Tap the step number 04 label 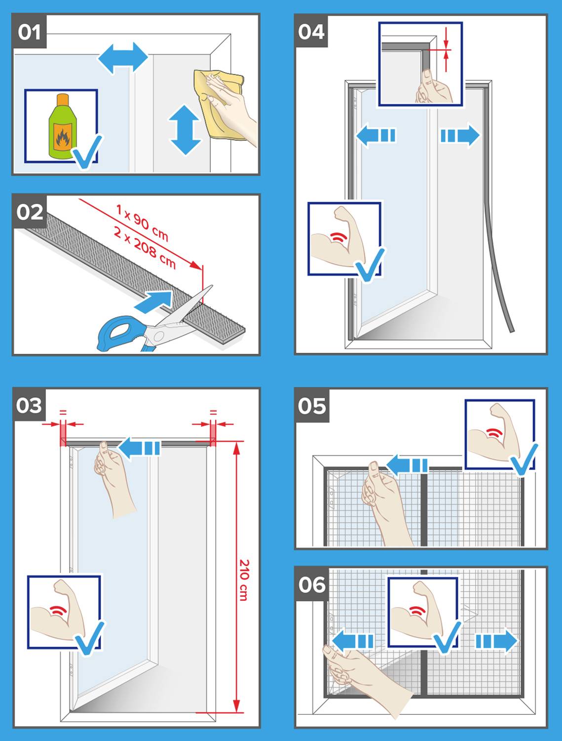click(x=311, y=31)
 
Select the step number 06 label click(x=312, y=584)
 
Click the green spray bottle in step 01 click(x=61, y=126)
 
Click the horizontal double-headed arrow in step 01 click(x=123, y=58)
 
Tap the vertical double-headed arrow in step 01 click(x=185, y=130)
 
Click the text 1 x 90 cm click(x=142, y=223)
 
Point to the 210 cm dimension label click(x=244, y=579)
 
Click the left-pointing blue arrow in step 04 click(x=375, y=135)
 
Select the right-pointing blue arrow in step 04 click(x=459, y=135)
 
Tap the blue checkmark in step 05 click(x=524, y=459)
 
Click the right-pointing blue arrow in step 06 click(x=496, y=641)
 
